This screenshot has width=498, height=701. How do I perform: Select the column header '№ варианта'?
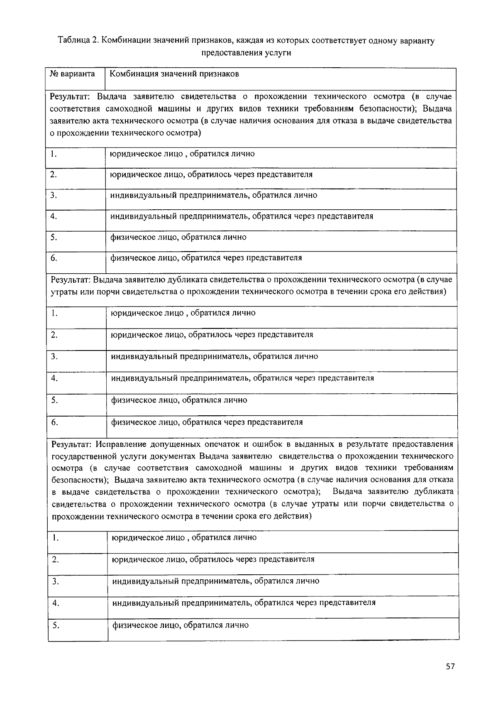[x=72, y=74]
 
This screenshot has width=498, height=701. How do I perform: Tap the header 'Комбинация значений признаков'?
[x=174, y=74]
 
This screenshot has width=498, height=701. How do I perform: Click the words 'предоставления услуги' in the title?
[x=246, y=53]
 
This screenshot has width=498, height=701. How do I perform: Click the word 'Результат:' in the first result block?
[x=71, y=97]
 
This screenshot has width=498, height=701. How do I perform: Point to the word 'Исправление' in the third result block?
[x=120, y=444]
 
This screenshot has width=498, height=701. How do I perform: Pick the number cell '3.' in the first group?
[x=54, y=195]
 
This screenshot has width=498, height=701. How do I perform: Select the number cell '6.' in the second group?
[x=54, y=422]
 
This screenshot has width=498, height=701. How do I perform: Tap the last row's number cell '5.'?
[x=56, y=625]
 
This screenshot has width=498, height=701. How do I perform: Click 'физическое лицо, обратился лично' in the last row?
[x=181, y=625]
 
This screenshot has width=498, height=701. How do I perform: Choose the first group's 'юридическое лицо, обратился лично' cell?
[x=182, y=154]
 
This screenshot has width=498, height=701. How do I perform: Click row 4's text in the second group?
[x=242, y=378]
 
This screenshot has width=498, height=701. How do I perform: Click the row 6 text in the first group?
[x=206, y=258]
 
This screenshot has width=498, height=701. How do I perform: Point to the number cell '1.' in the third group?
[x=55, y=538]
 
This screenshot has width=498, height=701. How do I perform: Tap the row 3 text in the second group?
[x=214, y=356]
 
